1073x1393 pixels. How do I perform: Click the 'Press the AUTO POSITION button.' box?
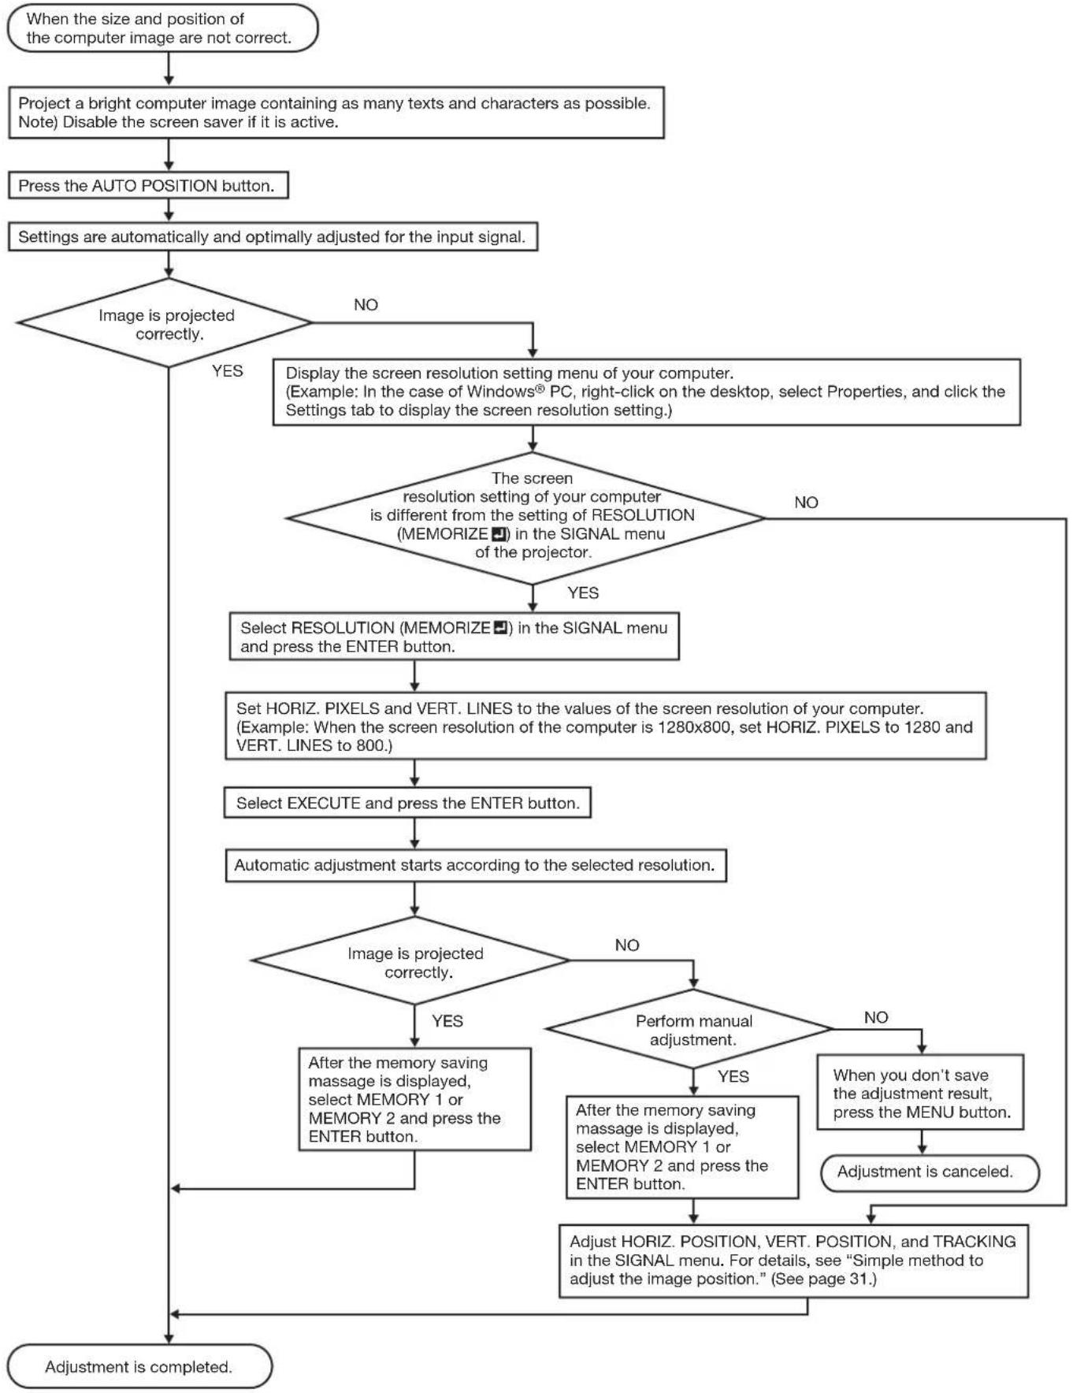148,186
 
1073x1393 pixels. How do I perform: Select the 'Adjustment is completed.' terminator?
139,1366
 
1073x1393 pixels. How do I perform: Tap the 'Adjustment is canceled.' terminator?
930,1172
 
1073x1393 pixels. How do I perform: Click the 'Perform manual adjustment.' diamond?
689,1029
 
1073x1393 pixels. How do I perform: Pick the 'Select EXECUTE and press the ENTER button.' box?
407,803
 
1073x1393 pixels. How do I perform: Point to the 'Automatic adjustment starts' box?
476,865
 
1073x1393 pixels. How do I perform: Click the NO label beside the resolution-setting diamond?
806,503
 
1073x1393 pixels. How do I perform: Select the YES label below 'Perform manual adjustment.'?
733,1076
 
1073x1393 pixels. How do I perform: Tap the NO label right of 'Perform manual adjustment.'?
876,1017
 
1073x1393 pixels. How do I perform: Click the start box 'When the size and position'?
162,28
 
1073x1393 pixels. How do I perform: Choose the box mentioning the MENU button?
920,1093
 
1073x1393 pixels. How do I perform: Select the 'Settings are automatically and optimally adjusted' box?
273,236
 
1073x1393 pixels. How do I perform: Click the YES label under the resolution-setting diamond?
583,592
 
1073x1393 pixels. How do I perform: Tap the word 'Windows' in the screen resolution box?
500,392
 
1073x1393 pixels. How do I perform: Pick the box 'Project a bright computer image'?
336,113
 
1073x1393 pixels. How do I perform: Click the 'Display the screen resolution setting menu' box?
647,392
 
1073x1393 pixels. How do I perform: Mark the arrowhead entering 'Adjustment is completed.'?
169,1339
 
